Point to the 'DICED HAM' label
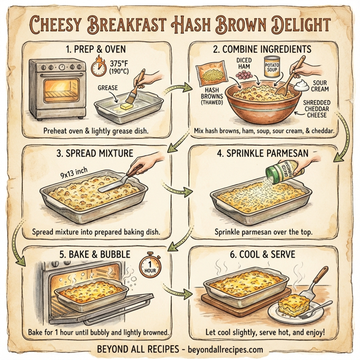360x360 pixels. [245, 63]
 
